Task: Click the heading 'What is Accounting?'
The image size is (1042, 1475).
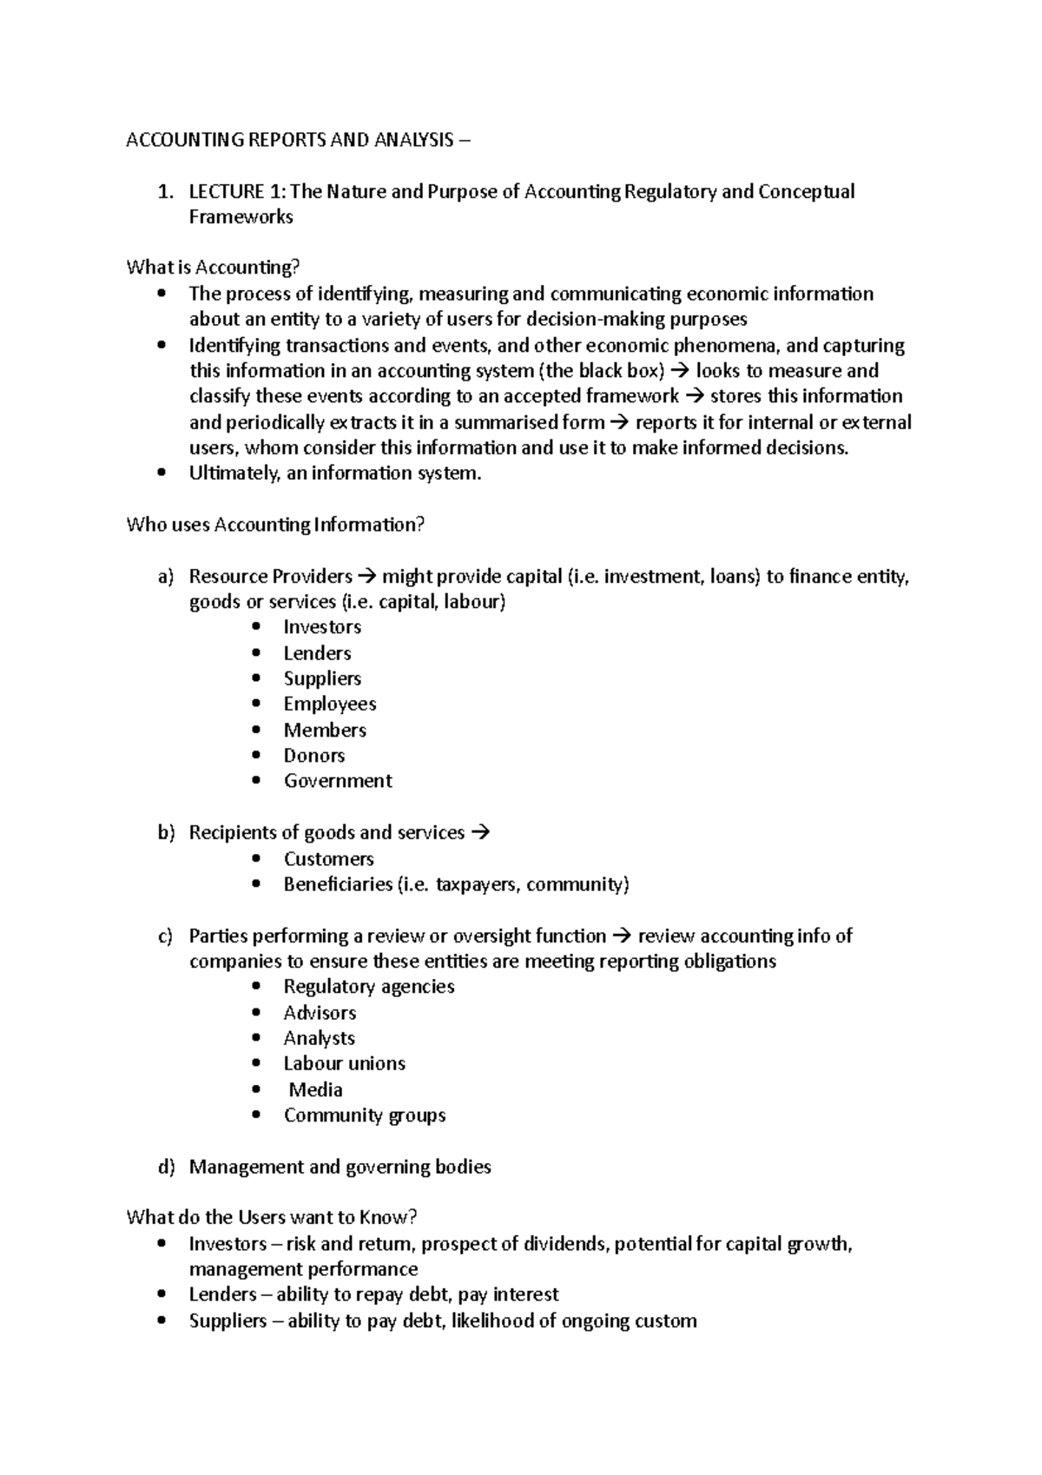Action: tap(213, 268)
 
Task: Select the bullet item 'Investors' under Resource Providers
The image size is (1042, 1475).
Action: tap(322, 627)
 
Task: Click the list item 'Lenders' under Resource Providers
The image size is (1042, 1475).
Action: tap(317, 653)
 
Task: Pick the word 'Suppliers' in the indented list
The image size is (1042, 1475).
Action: tap(322, 678)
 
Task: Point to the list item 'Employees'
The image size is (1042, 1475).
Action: tap(330, 704)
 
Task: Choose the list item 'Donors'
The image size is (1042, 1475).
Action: tap(314, 756)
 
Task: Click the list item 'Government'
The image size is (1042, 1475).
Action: tap(338, 781)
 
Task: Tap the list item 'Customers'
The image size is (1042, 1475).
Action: tap(328, 859)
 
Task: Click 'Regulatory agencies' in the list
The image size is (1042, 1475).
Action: tap(369, 987)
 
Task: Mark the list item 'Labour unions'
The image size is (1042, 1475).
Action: tap(345, 1064)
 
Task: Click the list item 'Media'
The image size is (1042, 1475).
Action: tap(315, 1090)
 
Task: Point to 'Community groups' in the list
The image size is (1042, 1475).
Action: tap(365, 1115)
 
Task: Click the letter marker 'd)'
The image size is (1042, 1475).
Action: tap(167, 1167)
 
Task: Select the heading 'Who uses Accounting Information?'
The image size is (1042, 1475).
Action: tap(275, 525)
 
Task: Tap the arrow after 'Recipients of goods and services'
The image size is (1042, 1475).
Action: tap(480, 832)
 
